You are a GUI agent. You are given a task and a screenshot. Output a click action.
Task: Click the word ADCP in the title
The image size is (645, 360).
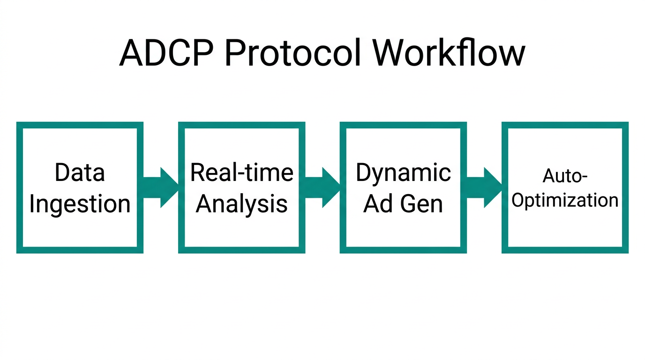click(x=168, y=53)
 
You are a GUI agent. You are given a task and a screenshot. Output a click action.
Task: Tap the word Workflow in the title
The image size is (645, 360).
click(x=449, y=53)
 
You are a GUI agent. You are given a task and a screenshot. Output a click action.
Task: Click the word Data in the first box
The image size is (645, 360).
click(x=80, y=172)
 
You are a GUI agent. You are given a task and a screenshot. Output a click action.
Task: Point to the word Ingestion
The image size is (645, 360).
click(x=80, y=204)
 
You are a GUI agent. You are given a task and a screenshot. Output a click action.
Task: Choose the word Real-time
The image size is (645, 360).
click(x=241, y=172)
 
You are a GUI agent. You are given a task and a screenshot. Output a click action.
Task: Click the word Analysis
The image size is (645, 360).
click(x=241, y=204)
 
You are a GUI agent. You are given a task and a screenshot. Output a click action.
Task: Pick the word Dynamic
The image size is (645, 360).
click(x=403, y=172)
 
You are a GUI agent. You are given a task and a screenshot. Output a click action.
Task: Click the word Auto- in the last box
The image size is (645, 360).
click(x=565, y=177)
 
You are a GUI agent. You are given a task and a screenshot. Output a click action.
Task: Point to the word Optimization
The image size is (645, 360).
click(x=565, y=201)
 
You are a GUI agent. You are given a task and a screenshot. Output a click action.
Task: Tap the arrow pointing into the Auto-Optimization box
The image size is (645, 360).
click(x=484, y=187)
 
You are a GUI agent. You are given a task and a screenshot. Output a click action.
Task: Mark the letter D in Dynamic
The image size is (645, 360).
click(x=363, y=172)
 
